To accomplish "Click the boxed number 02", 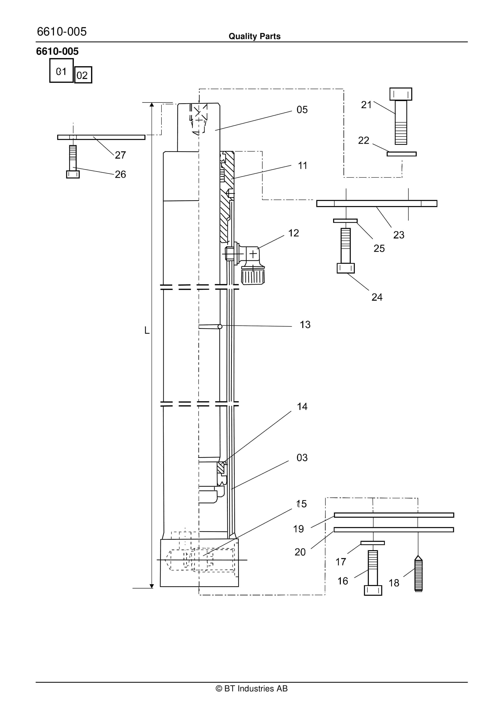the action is point(83,75).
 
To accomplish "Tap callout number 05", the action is point(302,110).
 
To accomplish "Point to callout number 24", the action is point(377,297).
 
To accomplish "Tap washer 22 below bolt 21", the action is point(402,154).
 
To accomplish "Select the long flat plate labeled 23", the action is point(377,204).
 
